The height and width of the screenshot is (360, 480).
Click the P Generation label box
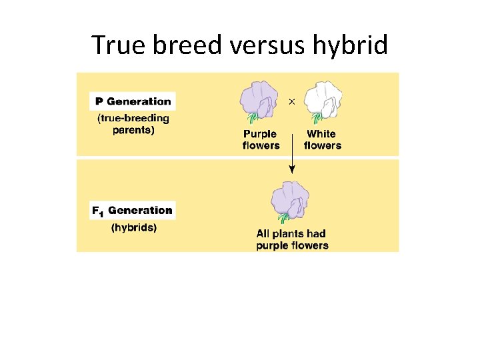click(133, 101)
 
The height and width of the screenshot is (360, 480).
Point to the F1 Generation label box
click(133, 211)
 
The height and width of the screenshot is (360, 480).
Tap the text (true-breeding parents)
click(133, 124)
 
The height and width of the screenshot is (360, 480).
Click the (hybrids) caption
click(133, 227)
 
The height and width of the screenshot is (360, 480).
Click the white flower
click(323, 100)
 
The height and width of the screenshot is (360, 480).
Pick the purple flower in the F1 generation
click(291, 200)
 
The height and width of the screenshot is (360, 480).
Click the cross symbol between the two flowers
click(291, 101)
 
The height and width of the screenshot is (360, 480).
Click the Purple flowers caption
click(261, 140)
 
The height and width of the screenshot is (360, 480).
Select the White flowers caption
click(323, 140)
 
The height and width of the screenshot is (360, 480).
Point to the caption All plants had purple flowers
click(292, 239)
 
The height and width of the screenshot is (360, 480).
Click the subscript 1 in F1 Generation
click(101, 213)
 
